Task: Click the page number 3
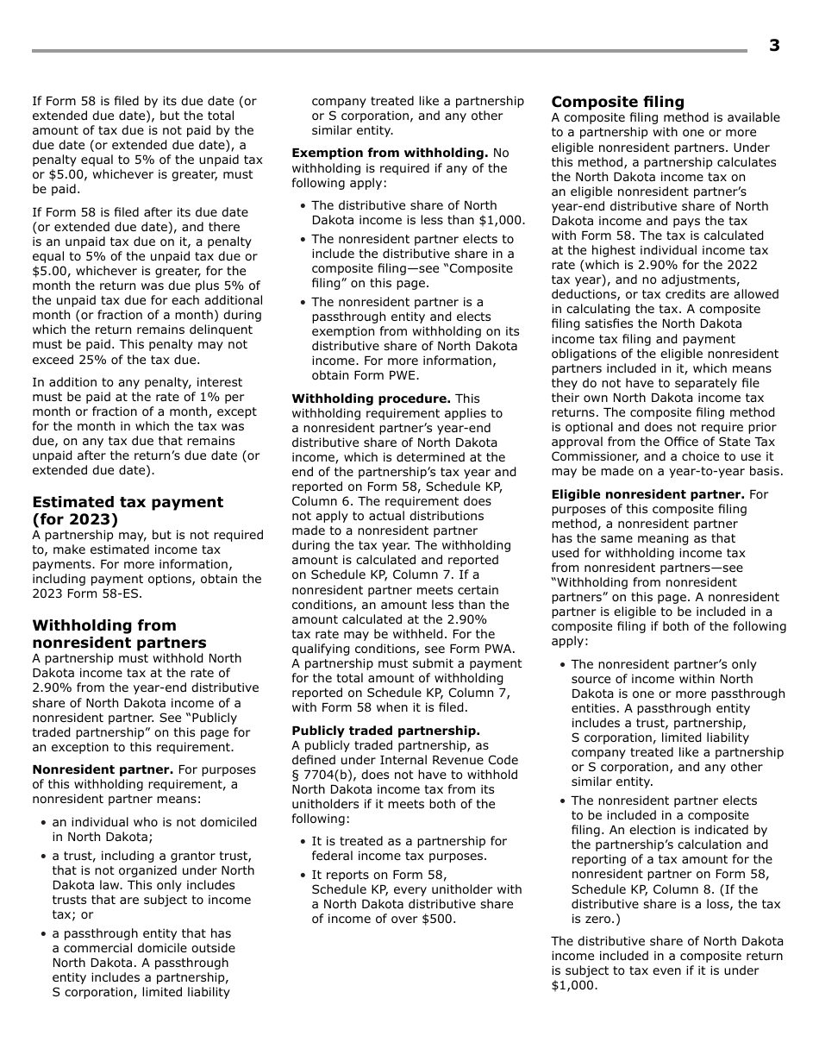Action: pyautogui.click(x=774, y=46)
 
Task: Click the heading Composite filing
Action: pyautogui.click(x=617, y=102)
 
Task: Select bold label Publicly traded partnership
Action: pyautogui.click(x=385, y=731)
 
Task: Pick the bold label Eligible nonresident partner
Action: pyautogui.click(x=647, y=494)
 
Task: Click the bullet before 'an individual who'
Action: pyautogui.click(x=43, y=823)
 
